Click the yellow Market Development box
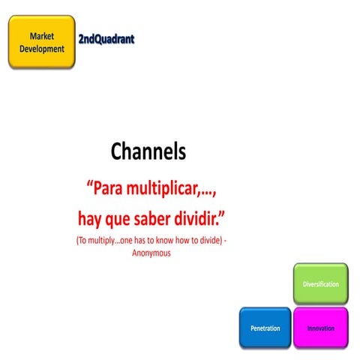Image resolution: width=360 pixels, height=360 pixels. (40, 43)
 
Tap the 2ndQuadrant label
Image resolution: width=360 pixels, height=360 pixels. (106, 37)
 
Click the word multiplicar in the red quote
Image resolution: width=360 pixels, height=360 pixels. (168, 187)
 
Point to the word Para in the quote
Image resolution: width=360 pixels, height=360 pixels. (109, 187)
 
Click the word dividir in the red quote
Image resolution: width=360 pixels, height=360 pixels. (197, 218)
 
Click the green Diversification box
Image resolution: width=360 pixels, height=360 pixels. (320, 284)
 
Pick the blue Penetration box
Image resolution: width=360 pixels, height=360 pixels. (265, 328)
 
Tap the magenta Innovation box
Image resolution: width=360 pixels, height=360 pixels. (320, 328)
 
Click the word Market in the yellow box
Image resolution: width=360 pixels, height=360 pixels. (41, 36)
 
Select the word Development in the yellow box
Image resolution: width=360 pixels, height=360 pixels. (41, 49)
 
